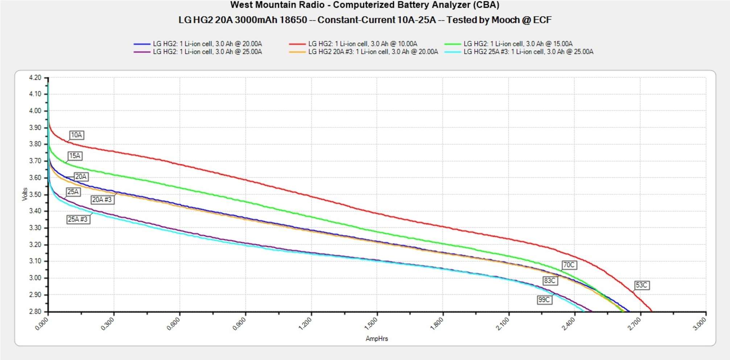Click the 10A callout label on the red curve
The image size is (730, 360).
pos(76,135)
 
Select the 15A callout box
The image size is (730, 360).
pos(75,156)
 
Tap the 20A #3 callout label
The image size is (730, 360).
pos(102,200)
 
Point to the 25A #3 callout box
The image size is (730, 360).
pos(78,219)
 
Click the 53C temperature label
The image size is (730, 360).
pos(641,285)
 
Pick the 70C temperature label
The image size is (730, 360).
pos(569,265)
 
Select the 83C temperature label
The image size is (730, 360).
pos(549,281)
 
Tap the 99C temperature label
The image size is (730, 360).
pos(544,300)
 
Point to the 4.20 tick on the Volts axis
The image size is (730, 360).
pos(35,78)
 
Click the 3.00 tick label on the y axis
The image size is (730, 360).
pos(35,278)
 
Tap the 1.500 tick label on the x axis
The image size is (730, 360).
pos(371,323)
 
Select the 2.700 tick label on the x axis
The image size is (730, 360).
pos(634,323)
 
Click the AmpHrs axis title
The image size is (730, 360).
pos(376,339)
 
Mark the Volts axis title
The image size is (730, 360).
pos(25,194)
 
